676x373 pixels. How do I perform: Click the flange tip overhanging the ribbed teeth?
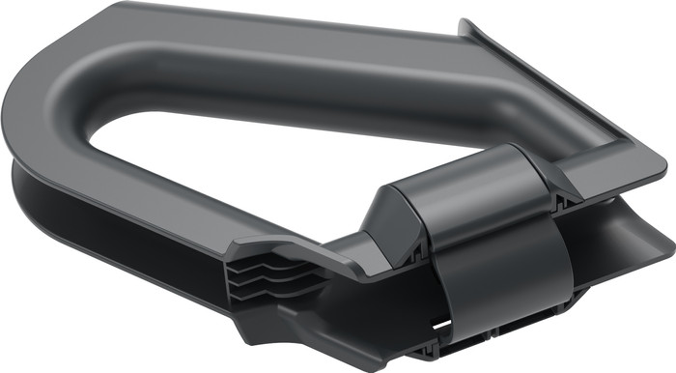(x=241, y=245)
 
